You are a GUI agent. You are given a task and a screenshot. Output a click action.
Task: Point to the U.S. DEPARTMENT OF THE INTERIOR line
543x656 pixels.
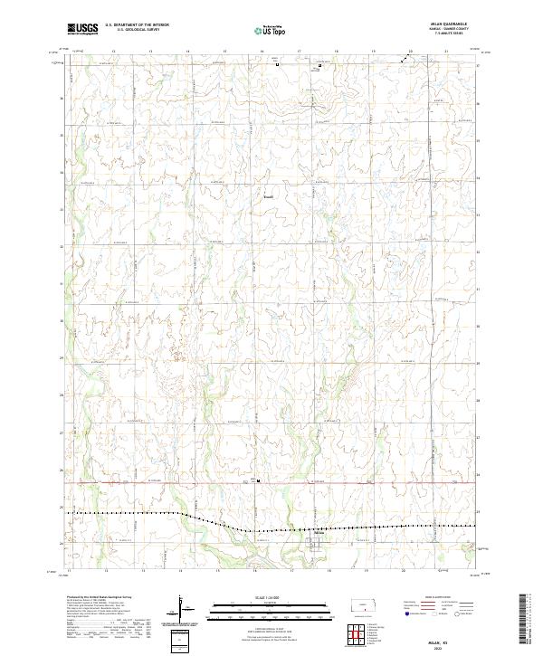coord(137,26)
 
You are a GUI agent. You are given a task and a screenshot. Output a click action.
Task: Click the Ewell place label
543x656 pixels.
coord(268,195)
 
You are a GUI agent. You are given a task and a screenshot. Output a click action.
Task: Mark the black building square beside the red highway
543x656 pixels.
coord(258,481)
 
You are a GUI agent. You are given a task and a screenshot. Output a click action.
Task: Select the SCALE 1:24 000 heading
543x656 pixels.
coord(269,598)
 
